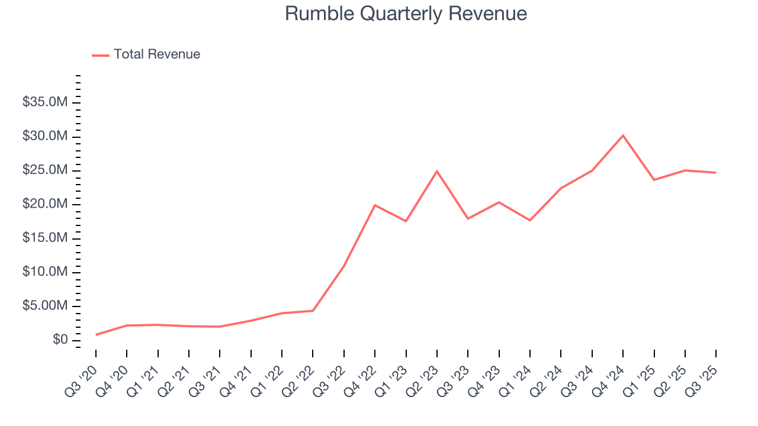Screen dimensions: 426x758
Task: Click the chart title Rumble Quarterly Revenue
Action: click(406, 14)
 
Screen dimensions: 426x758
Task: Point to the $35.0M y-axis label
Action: click(45, 103)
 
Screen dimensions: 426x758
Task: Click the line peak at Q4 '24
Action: click(623, 135)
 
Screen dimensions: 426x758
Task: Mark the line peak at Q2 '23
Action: click(437, 171)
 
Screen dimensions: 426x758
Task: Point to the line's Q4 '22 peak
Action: click(375, 205)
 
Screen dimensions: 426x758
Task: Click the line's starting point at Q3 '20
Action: click(96, 335)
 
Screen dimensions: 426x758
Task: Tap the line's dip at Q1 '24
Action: click(530, 220)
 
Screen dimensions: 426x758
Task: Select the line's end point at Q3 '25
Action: click(716, 173)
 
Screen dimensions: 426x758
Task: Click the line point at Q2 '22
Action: click(313, 311)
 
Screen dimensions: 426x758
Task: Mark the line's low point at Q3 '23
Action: click(468, 219)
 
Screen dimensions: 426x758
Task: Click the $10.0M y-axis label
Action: click(45, 272)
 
